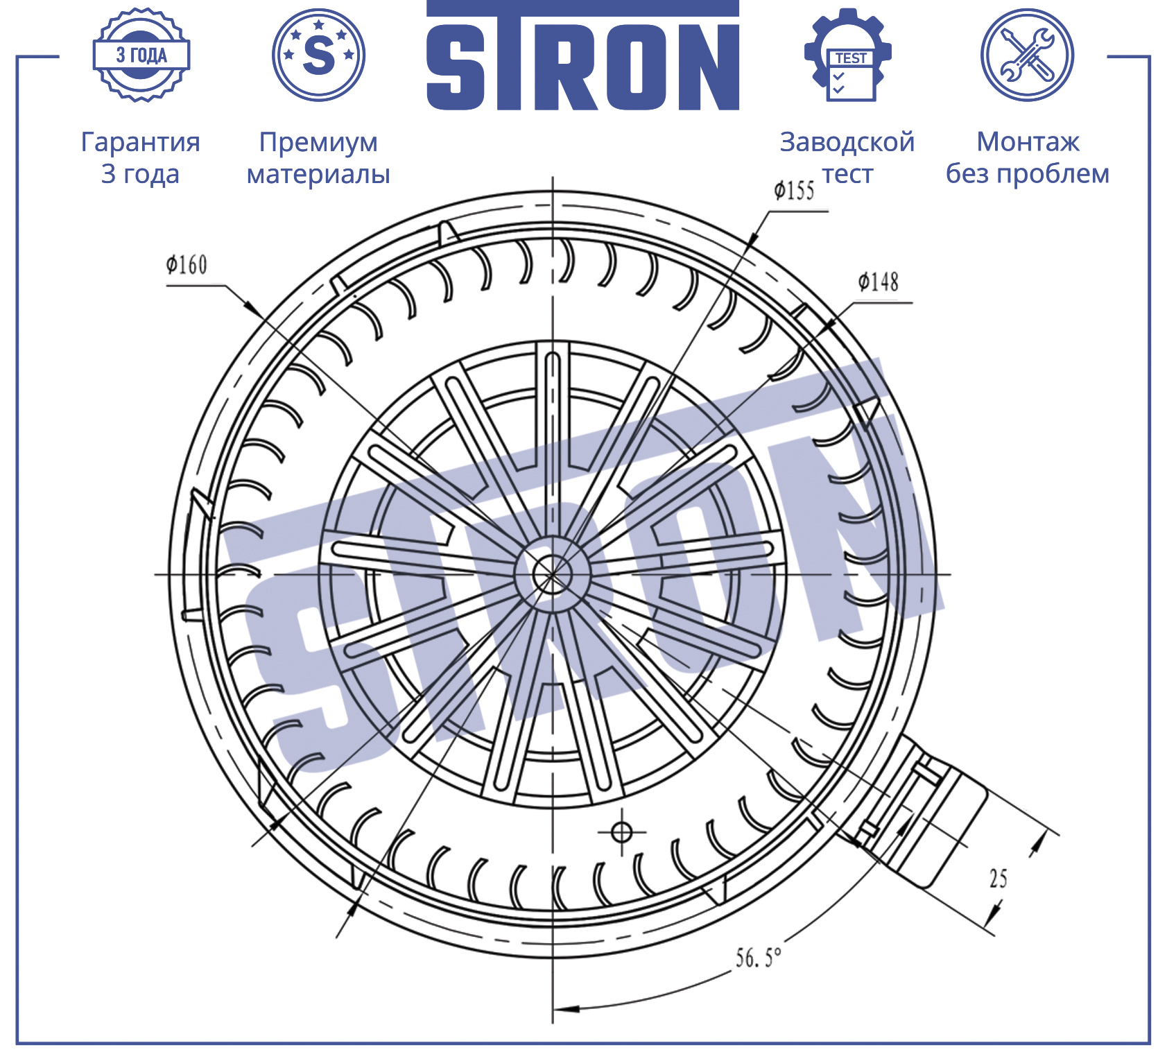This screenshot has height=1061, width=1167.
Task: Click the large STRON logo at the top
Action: pyautogui.click(x=582, y=55)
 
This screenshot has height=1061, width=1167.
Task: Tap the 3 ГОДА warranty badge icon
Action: pyautogui.click(x=141, y=55)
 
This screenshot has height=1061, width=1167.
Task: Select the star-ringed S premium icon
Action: pyautogui.click(x=319, y=55)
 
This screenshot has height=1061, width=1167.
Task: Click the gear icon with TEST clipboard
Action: pyautogui.click(x=848, y=55)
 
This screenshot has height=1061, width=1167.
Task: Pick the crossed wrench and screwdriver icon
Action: pyautogui.click(x=1028, y=55)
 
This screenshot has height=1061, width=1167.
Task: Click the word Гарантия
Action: pyautogui.click(x=141, y=142)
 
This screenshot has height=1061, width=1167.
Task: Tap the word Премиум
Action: pyautogui.click(x=318, y=142)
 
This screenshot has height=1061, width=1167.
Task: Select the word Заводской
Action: pyautogui.click(x=847, y=142)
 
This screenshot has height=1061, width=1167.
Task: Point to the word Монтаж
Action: pyautogui.click(x=1028, y=142)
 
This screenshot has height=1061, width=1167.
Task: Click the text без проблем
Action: pyautogui.click(x=1028, y=173)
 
